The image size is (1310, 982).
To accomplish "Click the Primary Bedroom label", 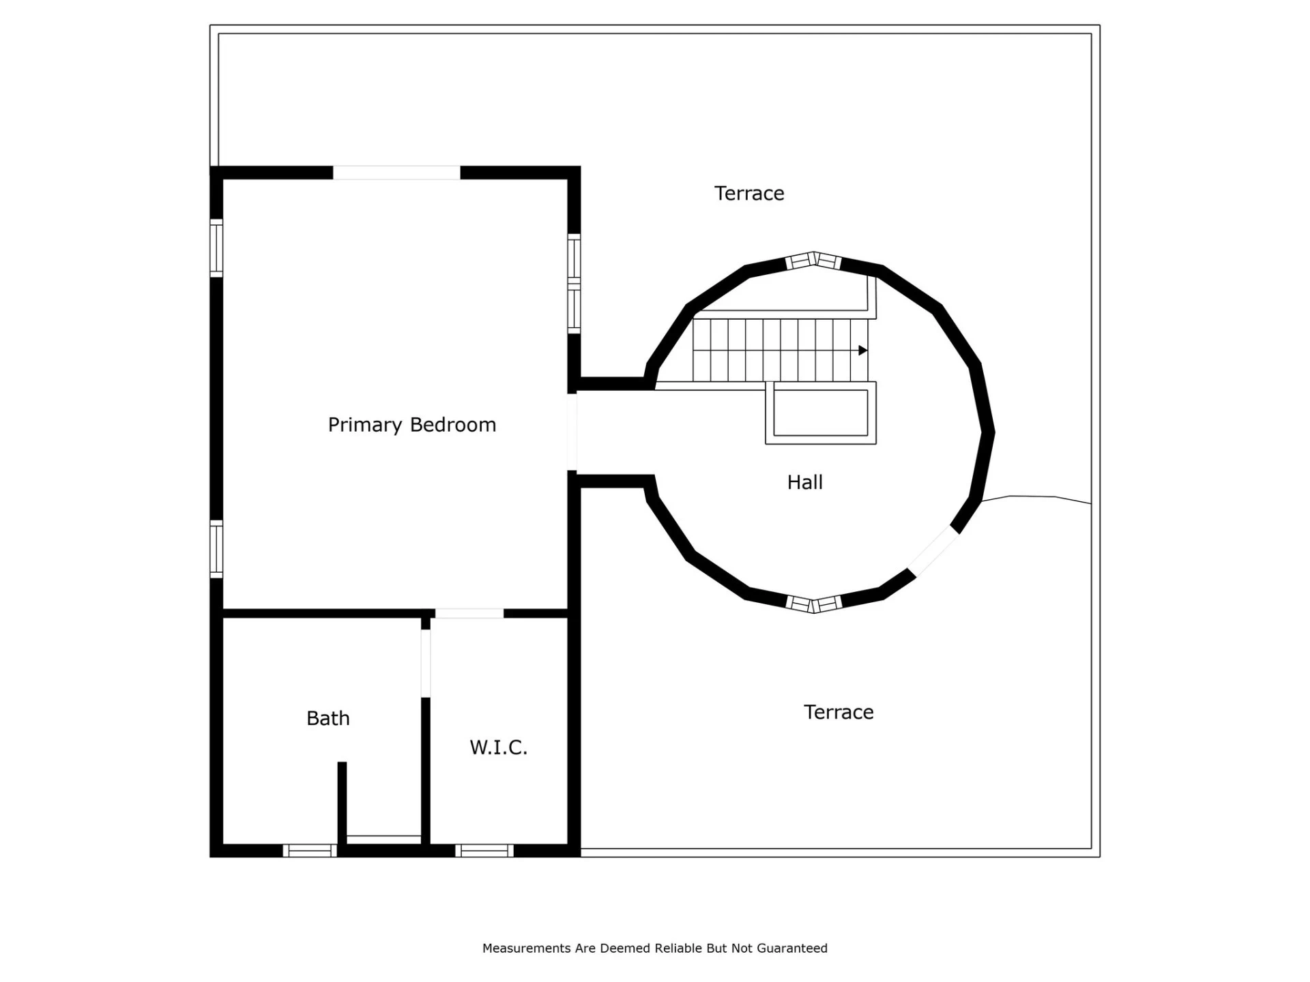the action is point(412,425).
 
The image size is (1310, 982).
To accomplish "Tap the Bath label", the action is point(328,718).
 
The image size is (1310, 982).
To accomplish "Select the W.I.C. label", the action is point(499,747).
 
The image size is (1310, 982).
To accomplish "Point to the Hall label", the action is point(805,482).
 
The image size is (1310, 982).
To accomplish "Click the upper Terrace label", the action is point(749,194).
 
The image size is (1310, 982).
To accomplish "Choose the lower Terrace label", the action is point(839,712).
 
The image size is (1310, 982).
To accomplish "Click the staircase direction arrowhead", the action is point(863,351).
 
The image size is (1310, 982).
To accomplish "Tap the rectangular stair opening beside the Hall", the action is point(821,413).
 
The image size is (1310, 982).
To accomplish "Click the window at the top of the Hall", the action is point(813,261).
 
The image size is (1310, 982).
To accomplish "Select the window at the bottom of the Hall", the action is point(813,604).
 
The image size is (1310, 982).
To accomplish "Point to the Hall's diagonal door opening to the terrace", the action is point(933,551).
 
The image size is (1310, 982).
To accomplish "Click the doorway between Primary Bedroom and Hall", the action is point(572,432).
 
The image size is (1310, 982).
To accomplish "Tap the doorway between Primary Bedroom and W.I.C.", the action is point(469,614).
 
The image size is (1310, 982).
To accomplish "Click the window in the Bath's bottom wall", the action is point(310,850).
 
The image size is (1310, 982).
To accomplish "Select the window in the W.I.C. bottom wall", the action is point(484,850).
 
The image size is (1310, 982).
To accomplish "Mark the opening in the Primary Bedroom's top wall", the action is point(396,173).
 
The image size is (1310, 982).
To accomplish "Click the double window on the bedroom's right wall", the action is point(574,284).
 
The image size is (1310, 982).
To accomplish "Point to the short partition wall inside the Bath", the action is point(343,803).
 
